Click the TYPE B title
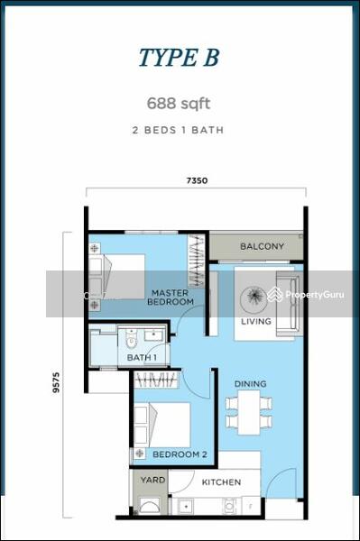tap(179, 58)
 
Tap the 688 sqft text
tap(179, 102)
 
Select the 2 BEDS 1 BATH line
tap(179, 130)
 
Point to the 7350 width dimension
tap(198, 180)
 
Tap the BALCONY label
tap(262, 246)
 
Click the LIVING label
tap(256, 321)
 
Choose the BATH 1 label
tap(142, 358)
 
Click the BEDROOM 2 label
tap(180, 454)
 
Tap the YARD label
tap(153, 480)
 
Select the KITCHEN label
tap(221, 482)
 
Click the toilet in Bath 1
tap(131, 341)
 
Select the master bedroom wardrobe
tap(197, 261)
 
